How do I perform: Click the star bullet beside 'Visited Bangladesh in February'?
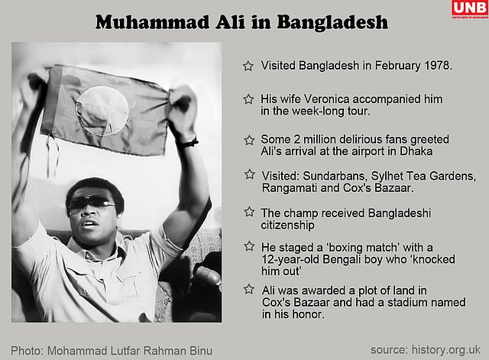pyautogui.click(x=248, y=66)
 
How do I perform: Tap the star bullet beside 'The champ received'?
pyautogui.click(x=248, y=212)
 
